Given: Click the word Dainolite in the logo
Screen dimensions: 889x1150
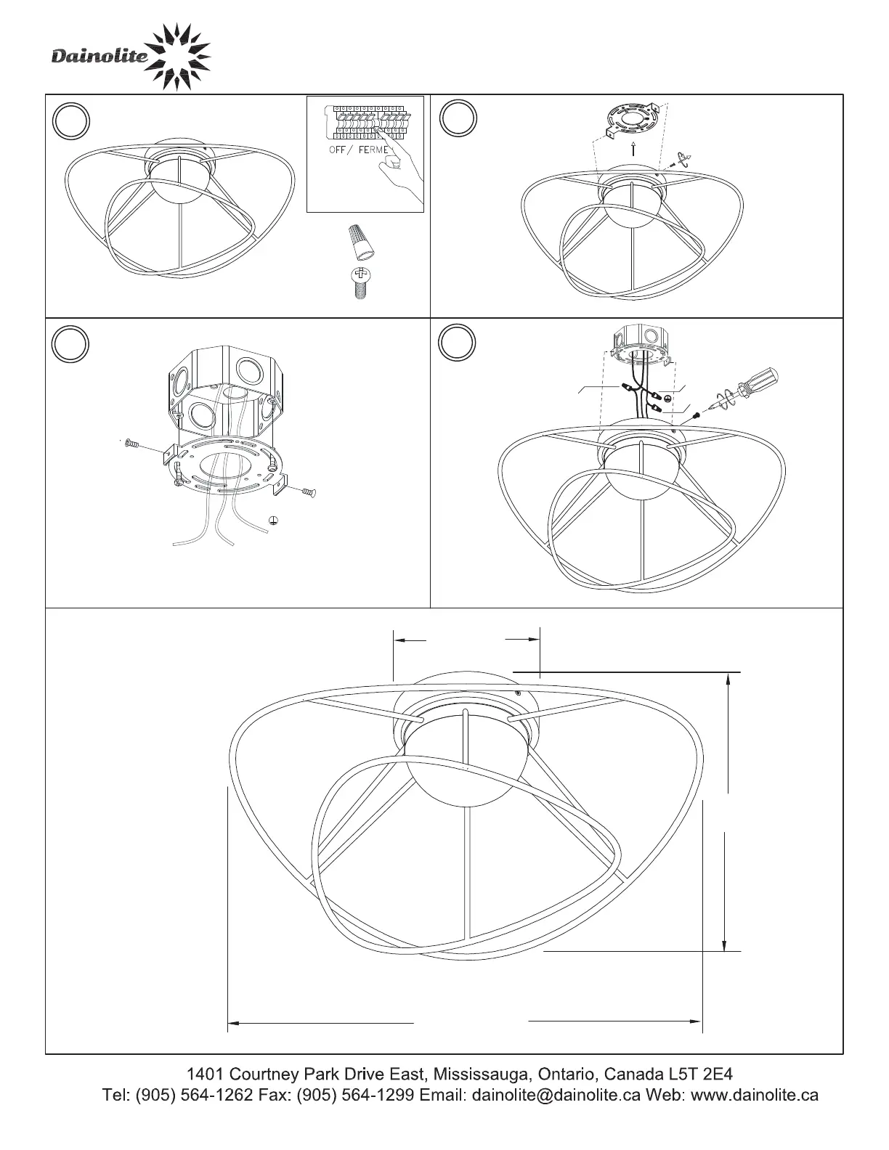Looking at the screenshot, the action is tap(100, 56).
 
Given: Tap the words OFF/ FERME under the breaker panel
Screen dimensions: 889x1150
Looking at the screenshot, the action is tap(359, 150).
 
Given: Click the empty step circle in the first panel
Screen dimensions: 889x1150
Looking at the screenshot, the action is tap(71, 121).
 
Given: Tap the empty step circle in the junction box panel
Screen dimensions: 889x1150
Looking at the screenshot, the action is tap(70, 344).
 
